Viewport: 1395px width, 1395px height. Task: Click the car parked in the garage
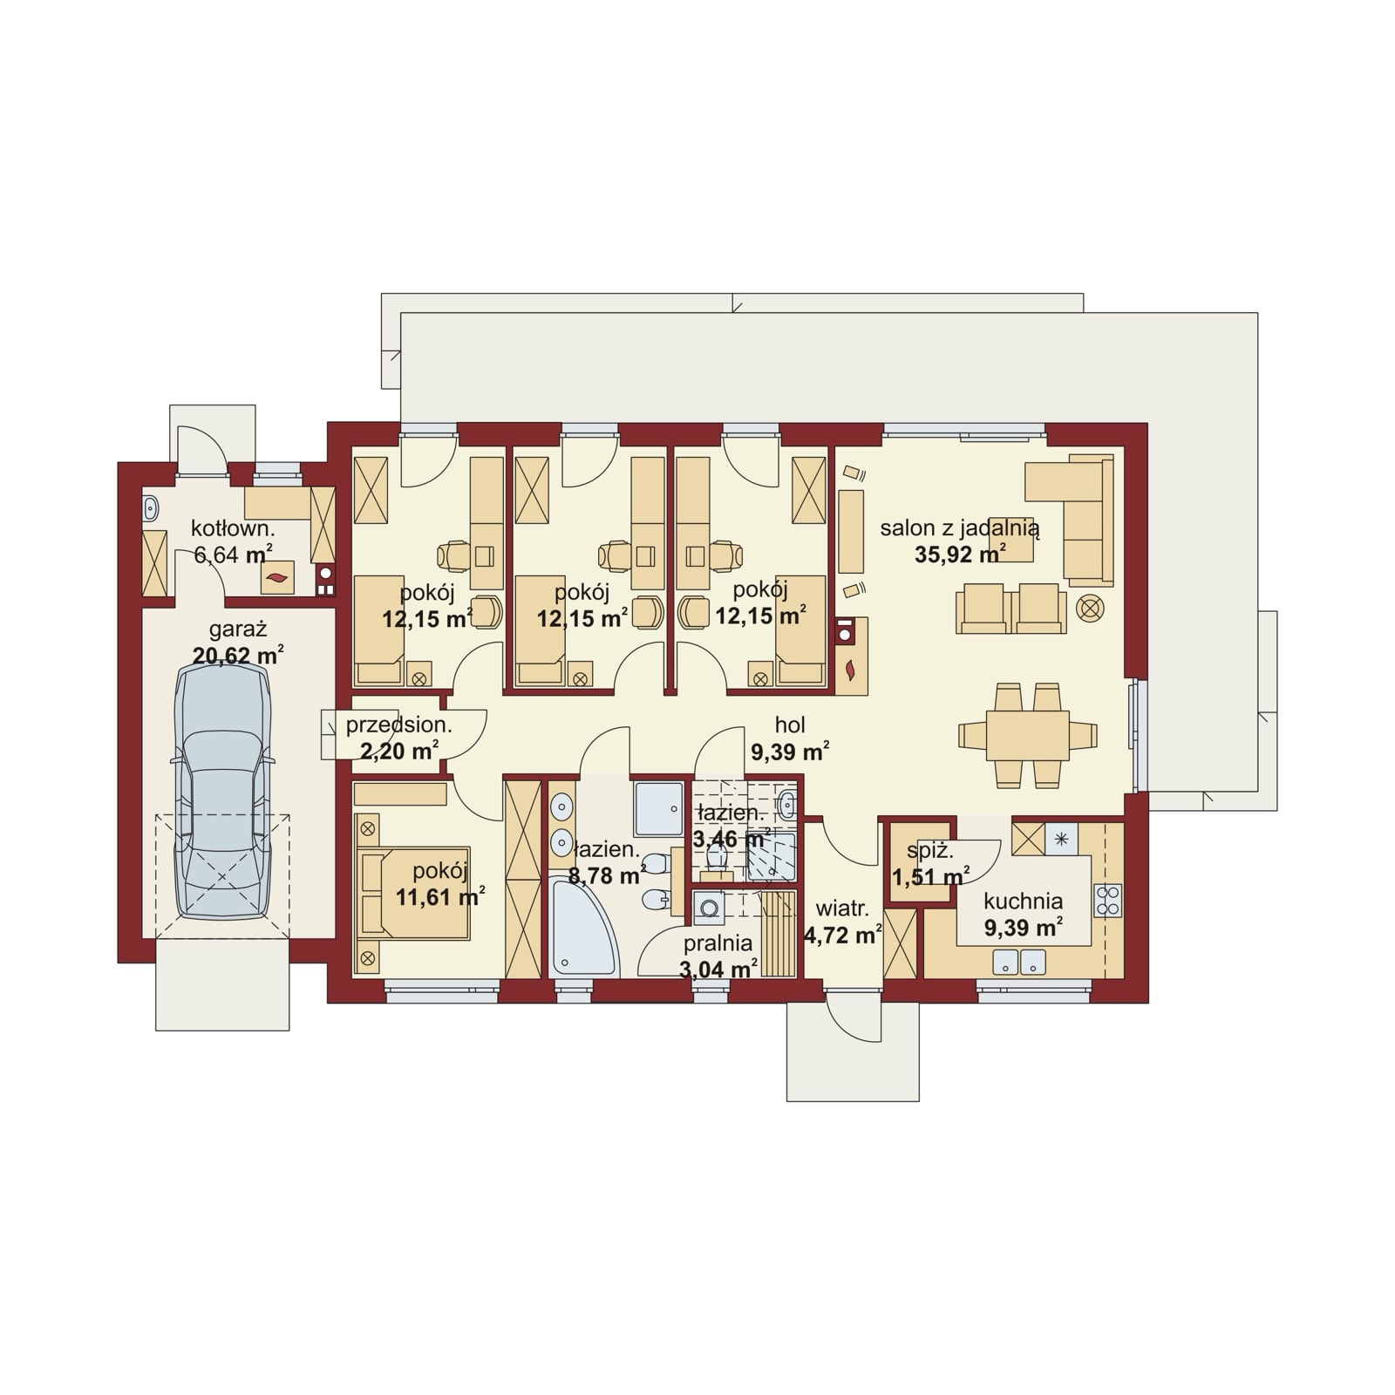223,791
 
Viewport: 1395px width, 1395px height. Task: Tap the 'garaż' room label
237,629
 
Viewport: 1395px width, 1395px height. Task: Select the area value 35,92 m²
960,554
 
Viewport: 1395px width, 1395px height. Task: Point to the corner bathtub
582,928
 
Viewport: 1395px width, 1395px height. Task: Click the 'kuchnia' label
1023,902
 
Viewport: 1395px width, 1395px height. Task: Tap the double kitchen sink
1019,963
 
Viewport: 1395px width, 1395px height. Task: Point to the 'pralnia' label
718,943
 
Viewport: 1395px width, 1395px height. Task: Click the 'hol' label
790,725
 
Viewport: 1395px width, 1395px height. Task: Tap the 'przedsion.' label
398,725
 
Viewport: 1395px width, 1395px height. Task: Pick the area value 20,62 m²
238,656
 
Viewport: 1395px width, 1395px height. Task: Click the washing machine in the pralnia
709,907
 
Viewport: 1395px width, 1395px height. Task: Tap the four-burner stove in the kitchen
1108,901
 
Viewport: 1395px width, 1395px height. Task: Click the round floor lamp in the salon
1090,608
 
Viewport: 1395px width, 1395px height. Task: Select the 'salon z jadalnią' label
960,527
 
